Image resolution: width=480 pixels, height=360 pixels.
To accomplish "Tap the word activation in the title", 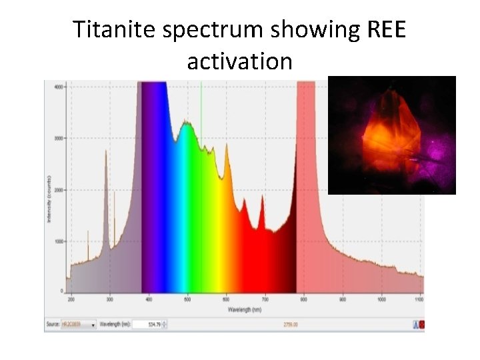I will click(x=239, y=61).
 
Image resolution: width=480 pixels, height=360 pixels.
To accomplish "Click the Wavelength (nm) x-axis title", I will click(x=245, y=310).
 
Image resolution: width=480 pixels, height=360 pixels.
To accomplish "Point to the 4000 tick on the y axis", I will click(x=59, y=87).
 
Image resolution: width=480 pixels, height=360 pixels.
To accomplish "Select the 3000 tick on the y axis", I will click(x=59, y=139).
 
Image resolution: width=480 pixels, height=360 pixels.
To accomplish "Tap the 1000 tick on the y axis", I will click(x=59, y=241).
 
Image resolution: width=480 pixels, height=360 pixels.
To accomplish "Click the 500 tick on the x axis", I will click(x=188, y=301).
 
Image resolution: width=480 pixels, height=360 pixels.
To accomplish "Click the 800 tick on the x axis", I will click(x=304, y=301).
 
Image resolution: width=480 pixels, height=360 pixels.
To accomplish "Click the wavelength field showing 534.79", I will click(x=147, y=325).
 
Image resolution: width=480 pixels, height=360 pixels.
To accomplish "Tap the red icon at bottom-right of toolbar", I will click(x=421, y=325).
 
